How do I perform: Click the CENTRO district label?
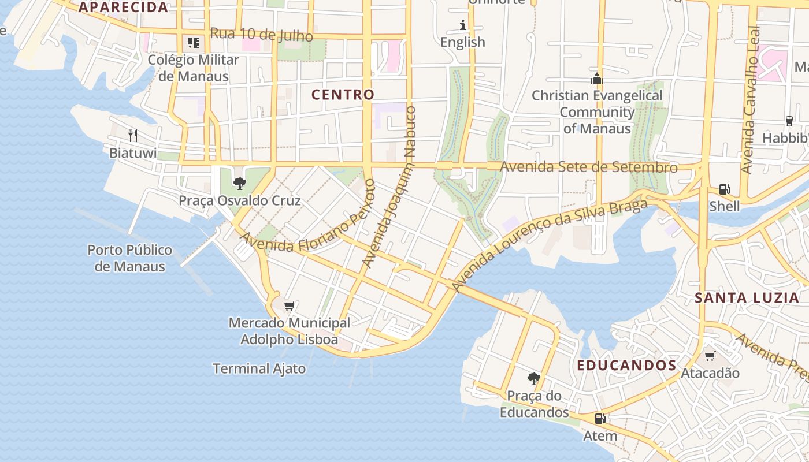(343, 94)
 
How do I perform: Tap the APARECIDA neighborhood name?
(123, 8)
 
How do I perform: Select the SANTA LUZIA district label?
(747, 298)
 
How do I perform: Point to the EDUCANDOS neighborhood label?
(626, 366)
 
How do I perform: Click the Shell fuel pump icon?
(724, 189)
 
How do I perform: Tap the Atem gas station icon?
(600, 419)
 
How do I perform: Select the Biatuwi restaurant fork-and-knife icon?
(133, 136)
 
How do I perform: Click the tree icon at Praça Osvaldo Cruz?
(239, 184)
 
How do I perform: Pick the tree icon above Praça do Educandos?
(534, 379)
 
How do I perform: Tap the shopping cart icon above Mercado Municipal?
(290, 305)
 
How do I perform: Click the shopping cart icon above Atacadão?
(710, 356)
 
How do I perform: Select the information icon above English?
(463, 25)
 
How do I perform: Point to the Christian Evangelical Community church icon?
(596, 79)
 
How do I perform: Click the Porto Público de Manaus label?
(130, 258)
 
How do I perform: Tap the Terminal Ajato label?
(259, 368)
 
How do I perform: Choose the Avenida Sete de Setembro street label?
(588, 167)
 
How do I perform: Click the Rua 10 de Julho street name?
(261, 35)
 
